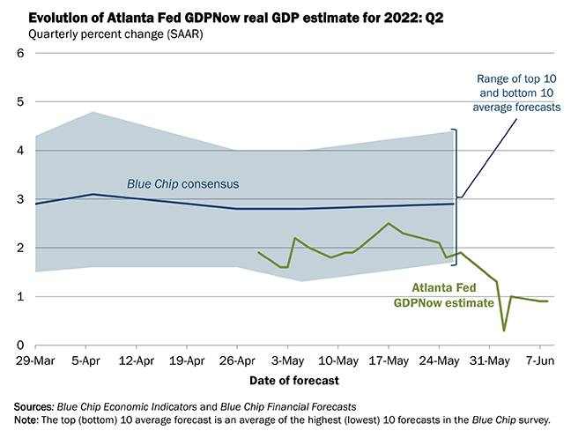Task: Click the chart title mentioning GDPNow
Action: pos(234,17)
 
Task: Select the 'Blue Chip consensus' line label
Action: pos(184,184)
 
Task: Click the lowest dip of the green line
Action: pos(504,331)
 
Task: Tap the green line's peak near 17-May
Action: pos(388,223)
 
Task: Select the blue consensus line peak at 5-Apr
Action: pos(92,194)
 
